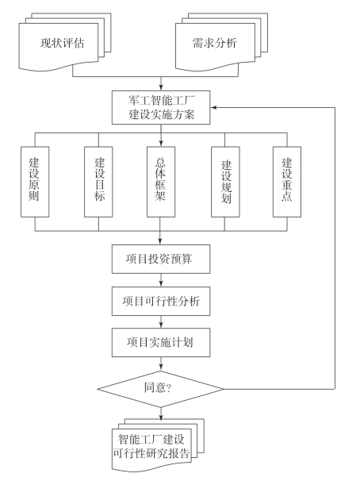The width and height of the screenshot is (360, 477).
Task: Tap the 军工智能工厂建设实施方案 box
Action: click(x=161, y=107)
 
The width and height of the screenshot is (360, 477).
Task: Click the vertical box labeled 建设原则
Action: click(x=35, y=182)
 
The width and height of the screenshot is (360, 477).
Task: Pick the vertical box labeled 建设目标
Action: click(x=98, y=182)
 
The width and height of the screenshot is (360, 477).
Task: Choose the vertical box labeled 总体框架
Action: click(x=161, y=182)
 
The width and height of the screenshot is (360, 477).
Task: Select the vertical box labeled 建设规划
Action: click(x=225, y=182)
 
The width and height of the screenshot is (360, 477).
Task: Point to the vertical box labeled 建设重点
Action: click(x=287, y=182)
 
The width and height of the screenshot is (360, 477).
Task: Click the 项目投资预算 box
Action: click(x=161, y=259)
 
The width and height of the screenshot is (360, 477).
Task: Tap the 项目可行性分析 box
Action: click(x=161, y=301)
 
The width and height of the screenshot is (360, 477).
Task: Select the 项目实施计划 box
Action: click(x=161, y=342)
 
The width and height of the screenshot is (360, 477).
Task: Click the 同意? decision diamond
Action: click(x=160, y=389)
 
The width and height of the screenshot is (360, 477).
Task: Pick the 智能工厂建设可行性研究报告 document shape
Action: click(x=158, y=444)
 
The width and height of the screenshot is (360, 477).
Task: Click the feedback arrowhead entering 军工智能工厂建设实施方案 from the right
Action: click(x=213, y=107)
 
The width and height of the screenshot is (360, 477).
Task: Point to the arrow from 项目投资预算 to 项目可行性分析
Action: click(x=161, y=280)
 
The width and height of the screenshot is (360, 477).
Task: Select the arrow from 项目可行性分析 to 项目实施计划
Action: click(x=161, y=322)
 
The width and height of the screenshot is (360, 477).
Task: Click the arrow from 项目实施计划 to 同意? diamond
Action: click(x=161, y=364)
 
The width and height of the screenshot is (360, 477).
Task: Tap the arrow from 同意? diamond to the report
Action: click(x=161, y=413)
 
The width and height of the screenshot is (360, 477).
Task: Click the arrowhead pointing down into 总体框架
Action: click(x=161, y=144)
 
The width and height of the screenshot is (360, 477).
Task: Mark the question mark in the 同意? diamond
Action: click(x=169, y=388)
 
